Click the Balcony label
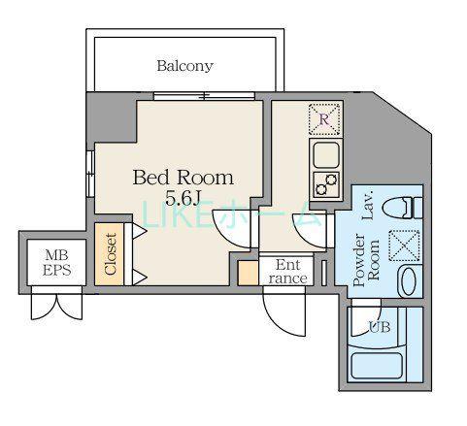(x=184, y=66)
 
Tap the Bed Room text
(x=183, y=178)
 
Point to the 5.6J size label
(x=183, y=198)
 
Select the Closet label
(x=111, y=254)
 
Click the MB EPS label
(x=57, y=263)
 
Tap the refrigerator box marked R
(x=325, y=119)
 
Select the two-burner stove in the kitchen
(x=326, y=184)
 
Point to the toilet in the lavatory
(x=402, y=208)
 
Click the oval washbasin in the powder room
(x=409, y=281)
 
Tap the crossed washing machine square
(x=404, y=246)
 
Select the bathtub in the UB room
(x=377, y=366)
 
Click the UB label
(x=380, y=327)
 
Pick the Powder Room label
(x=366, y=260)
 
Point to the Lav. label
(x=368, y=205)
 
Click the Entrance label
(x=287, y=272)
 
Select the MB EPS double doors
(x=56, y=307)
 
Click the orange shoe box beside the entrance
(x=248, y=274)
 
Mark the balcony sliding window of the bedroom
(x=204, y=96)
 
